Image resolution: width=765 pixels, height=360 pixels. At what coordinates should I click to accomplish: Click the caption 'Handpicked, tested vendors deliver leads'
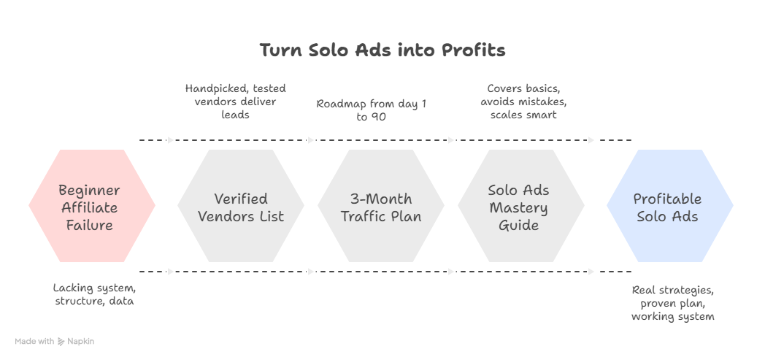coord(235,102)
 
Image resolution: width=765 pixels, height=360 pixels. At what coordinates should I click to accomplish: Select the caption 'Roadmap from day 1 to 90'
coord(372,110)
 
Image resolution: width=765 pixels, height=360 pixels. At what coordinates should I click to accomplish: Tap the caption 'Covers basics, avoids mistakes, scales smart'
coord(523,102)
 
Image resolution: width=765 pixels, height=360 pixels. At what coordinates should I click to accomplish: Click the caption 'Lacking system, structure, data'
coord(94,294)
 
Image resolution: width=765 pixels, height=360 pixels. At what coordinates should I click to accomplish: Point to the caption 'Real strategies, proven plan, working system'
coord(672,303)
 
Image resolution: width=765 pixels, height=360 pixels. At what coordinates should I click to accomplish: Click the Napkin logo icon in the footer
coord(61,341)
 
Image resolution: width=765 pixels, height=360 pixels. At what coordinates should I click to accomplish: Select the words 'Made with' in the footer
coord(34,341)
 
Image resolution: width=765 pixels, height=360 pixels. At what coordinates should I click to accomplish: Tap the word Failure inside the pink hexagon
coord(90,225)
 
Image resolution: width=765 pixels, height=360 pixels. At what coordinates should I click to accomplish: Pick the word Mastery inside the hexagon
coord(518,207)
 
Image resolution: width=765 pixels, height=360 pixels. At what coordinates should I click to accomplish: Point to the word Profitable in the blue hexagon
coord(667,199)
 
